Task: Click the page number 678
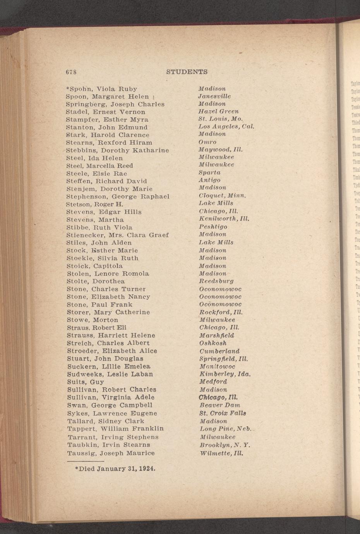click(71, 72)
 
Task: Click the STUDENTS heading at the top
click(187, 72)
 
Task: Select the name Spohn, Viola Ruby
click(101, 89)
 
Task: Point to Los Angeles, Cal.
click(226, 127)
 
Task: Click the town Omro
click(207, 142)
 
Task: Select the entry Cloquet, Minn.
click(222, 195)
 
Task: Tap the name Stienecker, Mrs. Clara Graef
click(117, 235)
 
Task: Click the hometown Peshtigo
click(213, 227)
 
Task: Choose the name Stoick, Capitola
click(94, 266)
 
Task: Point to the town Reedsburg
click(216, 281)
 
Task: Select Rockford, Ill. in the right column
click(221, 312)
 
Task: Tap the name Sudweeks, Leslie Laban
click(110, 374)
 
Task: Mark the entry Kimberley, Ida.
click(225, 374)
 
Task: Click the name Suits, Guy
click(86, 382)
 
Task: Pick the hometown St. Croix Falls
click(223, 413)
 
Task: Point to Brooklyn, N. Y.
click(225, 445)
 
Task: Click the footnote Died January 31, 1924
click(115, 469)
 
